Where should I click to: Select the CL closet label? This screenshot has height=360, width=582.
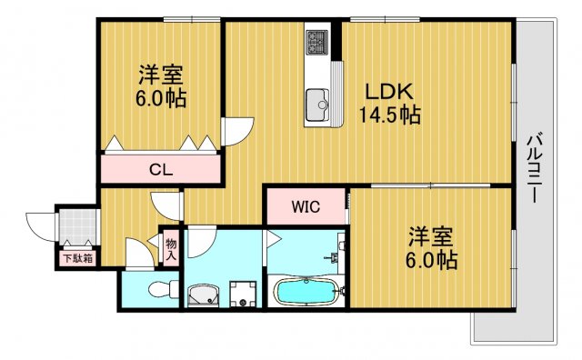pyautogui.click(x=162, y=169)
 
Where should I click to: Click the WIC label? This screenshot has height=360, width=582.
pyautogui.click(x=305, y=205)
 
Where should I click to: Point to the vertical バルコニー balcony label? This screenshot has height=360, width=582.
pyautogui.click(x=536, y=169)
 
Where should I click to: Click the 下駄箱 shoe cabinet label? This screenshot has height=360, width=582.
pyautogui.click(x=77, y=258)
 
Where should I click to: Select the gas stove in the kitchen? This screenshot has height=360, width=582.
pyautogui.click(x=318, y=42)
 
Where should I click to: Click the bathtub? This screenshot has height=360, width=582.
pyautogui.click(x=307, y=293)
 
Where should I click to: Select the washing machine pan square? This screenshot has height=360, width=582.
pyautogui.click(x=242, y=293)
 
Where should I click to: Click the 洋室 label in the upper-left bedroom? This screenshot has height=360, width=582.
pyautogui.click(x=163, y=73)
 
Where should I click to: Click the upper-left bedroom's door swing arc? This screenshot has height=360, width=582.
pyautogui.click(x=236, y=131)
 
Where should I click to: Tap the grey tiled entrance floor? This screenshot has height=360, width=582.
pyautogui.click(x=77, y=227)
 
